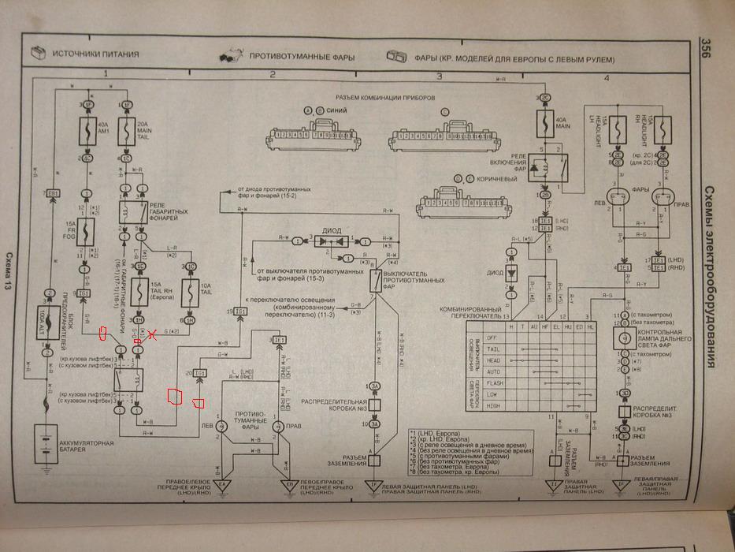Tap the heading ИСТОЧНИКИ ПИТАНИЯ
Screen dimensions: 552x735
click(x=95, y=54)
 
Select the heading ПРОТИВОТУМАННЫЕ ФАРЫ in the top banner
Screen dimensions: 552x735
click(x=302, y=58)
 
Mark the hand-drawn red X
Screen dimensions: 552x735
click(x=153, y=334)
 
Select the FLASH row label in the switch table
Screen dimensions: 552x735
click(x=493, y=382)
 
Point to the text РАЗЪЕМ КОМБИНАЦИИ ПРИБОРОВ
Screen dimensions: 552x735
click(x=377, y=99)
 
